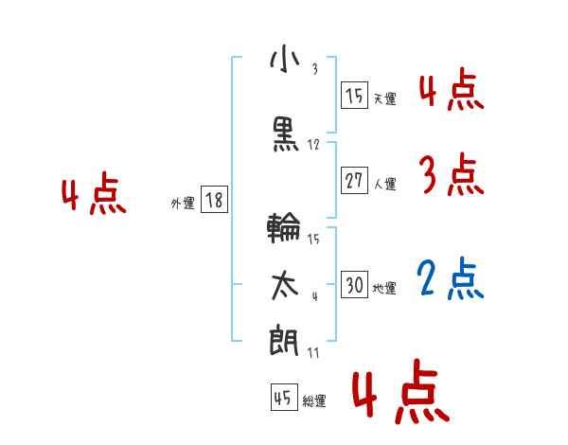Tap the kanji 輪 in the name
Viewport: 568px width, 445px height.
(285, 228)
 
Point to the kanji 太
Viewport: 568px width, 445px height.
(285, 285)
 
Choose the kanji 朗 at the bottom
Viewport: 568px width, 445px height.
(285, 340)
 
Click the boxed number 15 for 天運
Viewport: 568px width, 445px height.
(354, 96)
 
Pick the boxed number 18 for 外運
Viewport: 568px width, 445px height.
(214, 200)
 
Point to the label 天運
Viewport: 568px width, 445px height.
(385, 98)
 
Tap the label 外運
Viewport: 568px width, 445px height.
(183, 203)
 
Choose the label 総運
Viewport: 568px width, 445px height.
(314, 400)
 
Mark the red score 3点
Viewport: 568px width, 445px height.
(451, 175)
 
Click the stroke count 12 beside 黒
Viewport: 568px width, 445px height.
(313, 145)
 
